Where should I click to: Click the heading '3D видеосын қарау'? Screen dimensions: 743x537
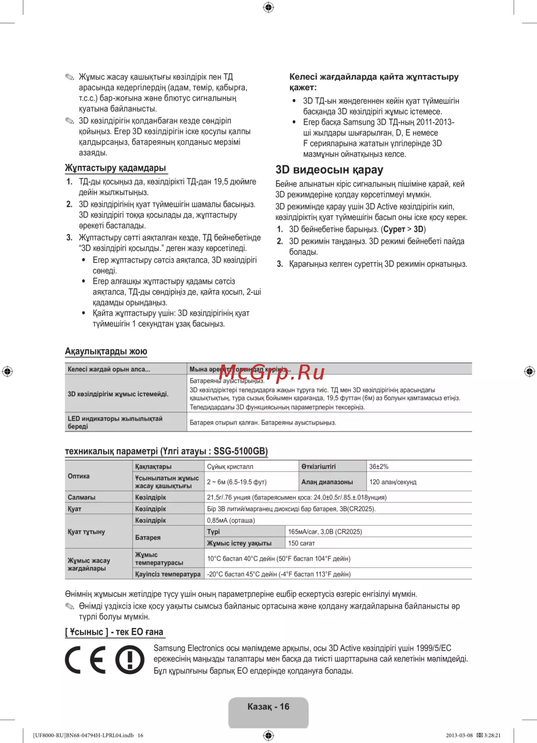point(329,170)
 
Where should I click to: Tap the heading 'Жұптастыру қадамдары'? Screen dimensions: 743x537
point(115,168)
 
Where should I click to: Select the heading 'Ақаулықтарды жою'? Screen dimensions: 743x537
point(106,352)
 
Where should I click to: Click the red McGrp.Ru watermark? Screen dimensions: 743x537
point(272,371)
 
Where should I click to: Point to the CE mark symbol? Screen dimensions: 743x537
point(85,659)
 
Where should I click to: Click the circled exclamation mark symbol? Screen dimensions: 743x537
point(130,659)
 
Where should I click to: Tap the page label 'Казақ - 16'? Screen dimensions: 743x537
point(268,707)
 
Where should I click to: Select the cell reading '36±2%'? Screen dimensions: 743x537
point(379,467)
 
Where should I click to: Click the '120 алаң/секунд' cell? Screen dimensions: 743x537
point(393,482)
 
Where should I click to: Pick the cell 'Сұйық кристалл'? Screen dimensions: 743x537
point(230,467)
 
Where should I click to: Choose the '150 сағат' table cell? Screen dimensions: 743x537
point(301,543)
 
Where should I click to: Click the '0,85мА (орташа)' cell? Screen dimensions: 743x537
point(231,521)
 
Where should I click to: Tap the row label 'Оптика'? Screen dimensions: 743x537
point(79,476)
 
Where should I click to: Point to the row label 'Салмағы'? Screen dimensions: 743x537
point(82,498)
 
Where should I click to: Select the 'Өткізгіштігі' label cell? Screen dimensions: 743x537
point(318,467)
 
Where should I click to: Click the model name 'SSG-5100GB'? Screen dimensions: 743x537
point(240,451)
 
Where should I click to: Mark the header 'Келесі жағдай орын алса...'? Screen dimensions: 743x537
point(109,369)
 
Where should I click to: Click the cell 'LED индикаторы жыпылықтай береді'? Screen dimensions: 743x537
point(115,423)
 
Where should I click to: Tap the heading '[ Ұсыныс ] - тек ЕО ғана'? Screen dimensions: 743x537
point(114,632)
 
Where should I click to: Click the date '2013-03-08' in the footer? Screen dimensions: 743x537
point(459,735)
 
